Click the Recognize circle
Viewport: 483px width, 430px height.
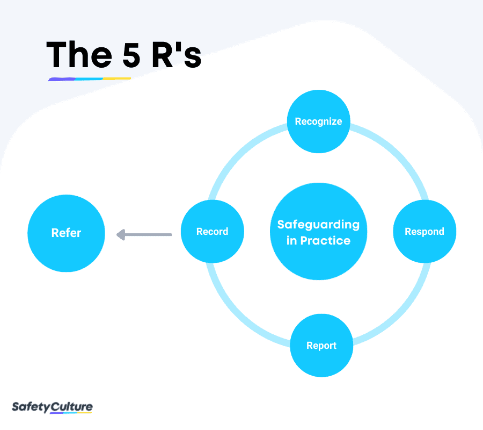tap(318, 121)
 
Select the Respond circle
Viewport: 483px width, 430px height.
tap(425, 232)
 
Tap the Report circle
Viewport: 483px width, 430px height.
tap(321, 346)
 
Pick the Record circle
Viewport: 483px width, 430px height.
tap(213, 232)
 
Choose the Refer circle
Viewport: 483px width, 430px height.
tap(66, 233)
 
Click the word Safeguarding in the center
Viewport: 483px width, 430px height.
tap(318, 224)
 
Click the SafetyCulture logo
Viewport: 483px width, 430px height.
tap(52, 407)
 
